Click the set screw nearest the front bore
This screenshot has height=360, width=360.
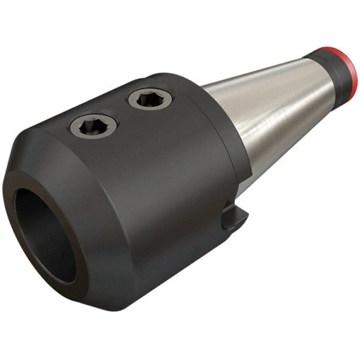[x=93, y=126]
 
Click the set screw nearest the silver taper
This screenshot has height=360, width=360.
[x=149, y=98]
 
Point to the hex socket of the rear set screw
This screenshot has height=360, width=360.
[x=149, y=97]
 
